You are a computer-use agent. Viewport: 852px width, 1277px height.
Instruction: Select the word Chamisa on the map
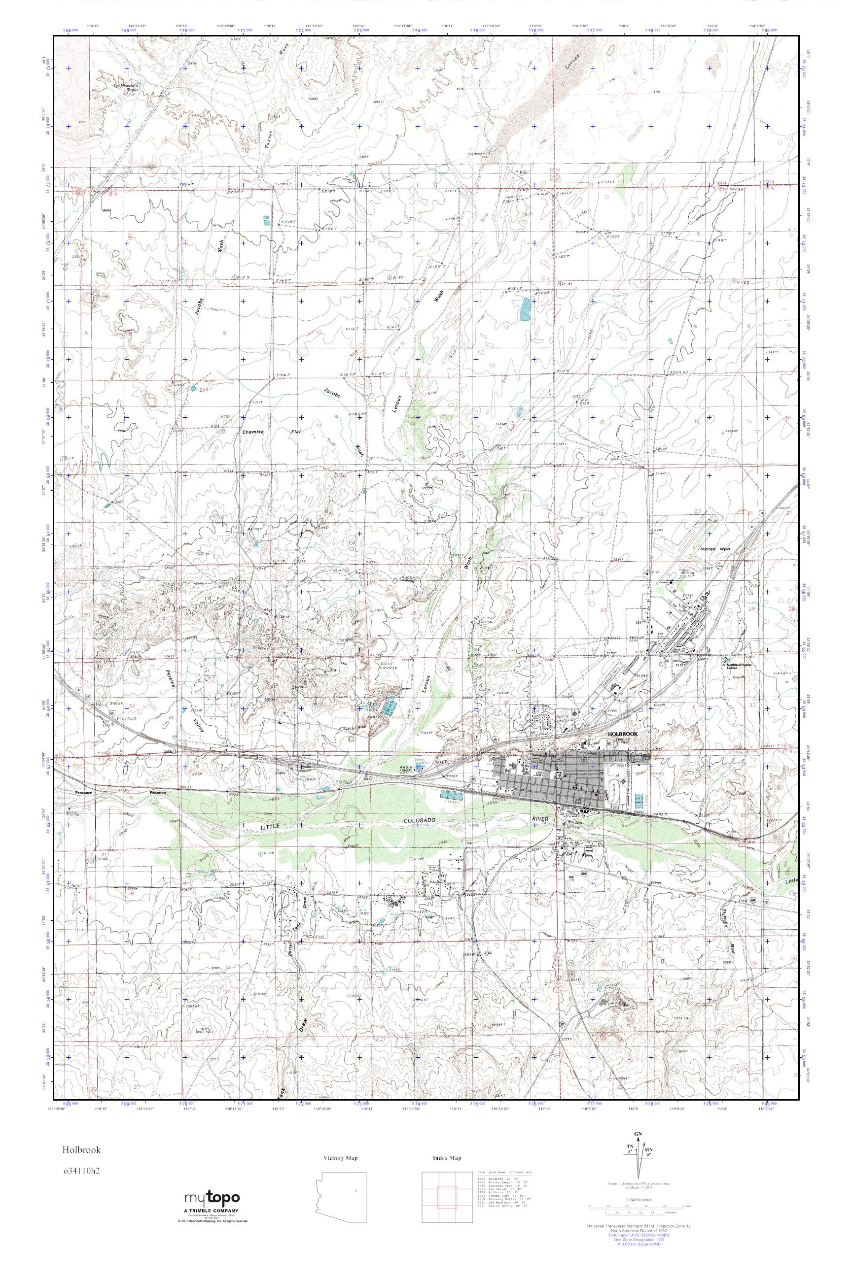[252, 433]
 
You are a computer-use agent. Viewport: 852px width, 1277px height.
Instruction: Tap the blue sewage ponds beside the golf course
[389, 707]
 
